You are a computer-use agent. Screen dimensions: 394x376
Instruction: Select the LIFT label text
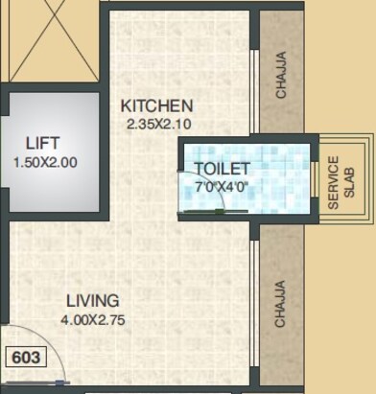click(x=44, y=144)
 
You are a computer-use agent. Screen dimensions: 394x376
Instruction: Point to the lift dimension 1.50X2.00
click(x=44, y=162)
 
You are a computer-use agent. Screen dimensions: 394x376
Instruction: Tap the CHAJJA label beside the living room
click(x=281, y=303)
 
